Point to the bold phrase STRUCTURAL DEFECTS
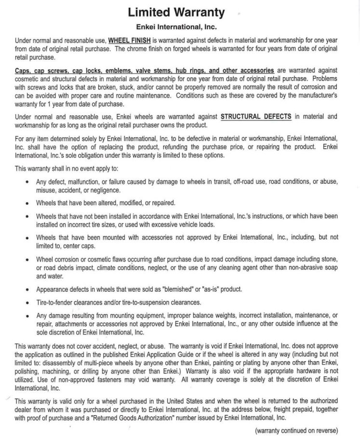(x=255, y=116)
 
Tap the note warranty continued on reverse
(x=296, y=431)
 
